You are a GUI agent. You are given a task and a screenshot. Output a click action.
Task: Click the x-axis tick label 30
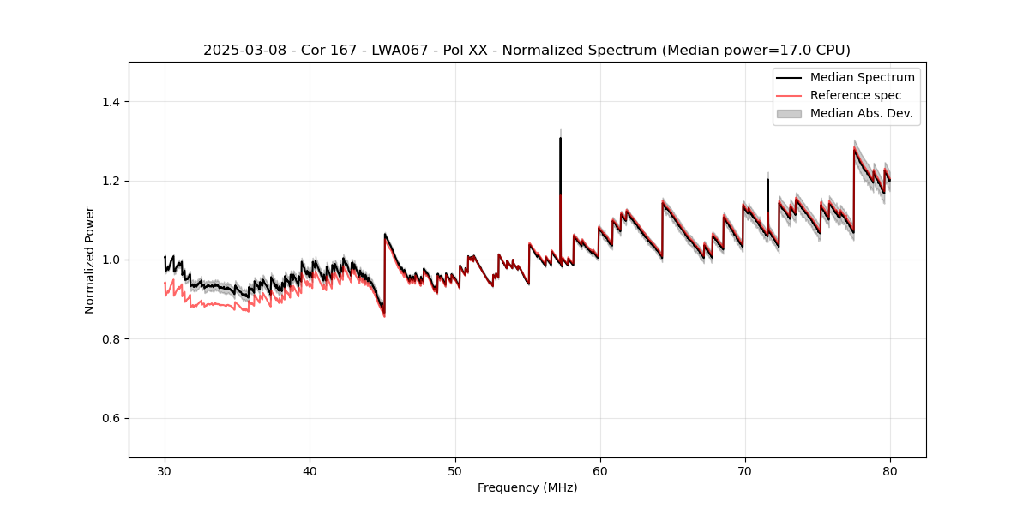(165, 470)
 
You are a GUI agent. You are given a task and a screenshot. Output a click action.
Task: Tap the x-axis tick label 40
(310, 470)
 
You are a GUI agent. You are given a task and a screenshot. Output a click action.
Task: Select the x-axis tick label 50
(455, 470)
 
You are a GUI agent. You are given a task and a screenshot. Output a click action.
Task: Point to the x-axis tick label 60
(600, 470)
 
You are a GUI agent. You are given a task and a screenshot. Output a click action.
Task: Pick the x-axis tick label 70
(745, 470)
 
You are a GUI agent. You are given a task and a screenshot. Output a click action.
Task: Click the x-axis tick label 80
(890, 470)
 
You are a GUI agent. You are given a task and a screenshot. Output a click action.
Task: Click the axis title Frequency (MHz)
(527, 487)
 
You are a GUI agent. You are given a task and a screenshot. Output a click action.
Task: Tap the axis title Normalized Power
(90, 260)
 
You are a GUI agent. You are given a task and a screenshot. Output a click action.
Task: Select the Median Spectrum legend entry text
(862, 77)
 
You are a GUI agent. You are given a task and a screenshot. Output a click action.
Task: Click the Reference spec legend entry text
(856, 95)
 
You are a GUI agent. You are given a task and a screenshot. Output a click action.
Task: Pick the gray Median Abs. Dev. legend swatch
(789, 113)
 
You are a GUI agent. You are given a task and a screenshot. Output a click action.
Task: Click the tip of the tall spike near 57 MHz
(560, 138)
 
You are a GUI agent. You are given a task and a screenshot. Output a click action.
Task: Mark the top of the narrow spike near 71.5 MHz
(767, 179)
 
